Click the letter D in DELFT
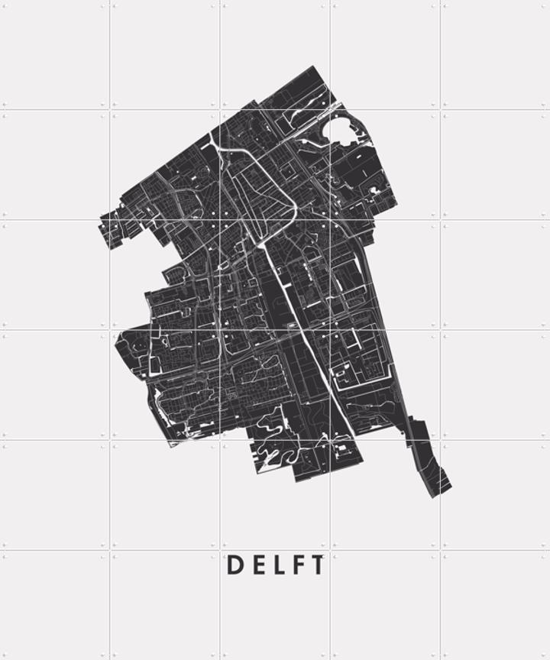(235, 565)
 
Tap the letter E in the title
(257, 565)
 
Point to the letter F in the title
(297, 565)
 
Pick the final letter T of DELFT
(316, 565)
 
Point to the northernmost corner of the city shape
(312, 67)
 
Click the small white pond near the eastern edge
(374, 189)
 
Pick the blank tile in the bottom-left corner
(54, 605)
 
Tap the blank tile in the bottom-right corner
(496, 605)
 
